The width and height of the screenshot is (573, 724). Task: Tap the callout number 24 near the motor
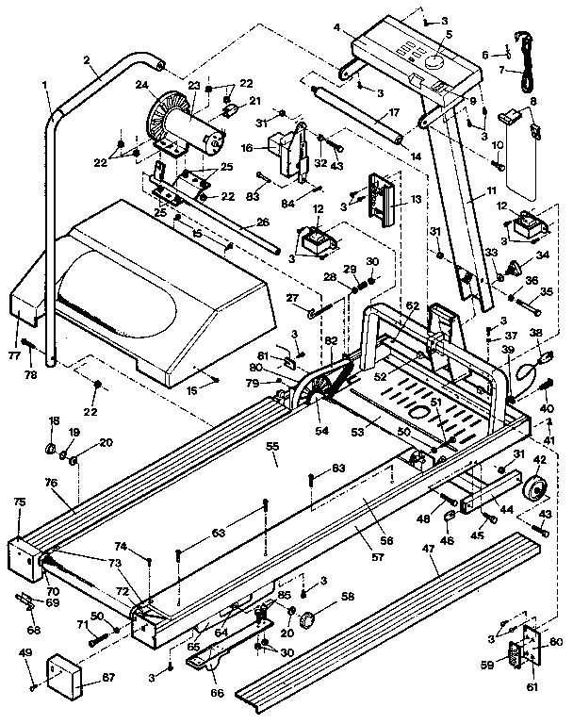click(x=142, y=83)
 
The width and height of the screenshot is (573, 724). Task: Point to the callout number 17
click(x=395, y=112)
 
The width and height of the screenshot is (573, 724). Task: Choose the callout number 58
click(x=348, y=597)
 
